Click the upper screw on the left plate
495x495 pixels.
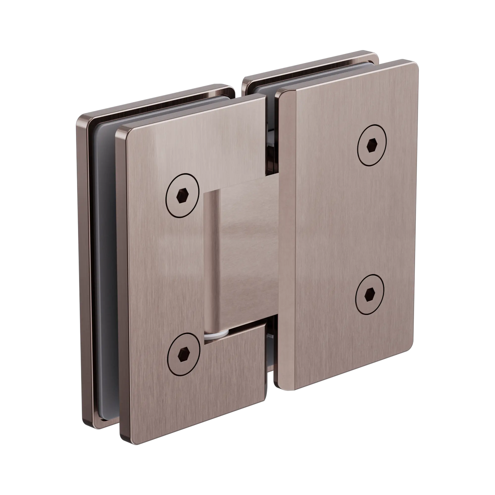point(183,196)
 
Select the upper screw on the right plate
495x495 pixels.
point(372,145)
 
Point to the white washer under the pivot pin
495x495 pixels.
point(216,335)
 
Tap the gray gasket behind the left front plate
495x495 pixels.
point(102,231)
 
